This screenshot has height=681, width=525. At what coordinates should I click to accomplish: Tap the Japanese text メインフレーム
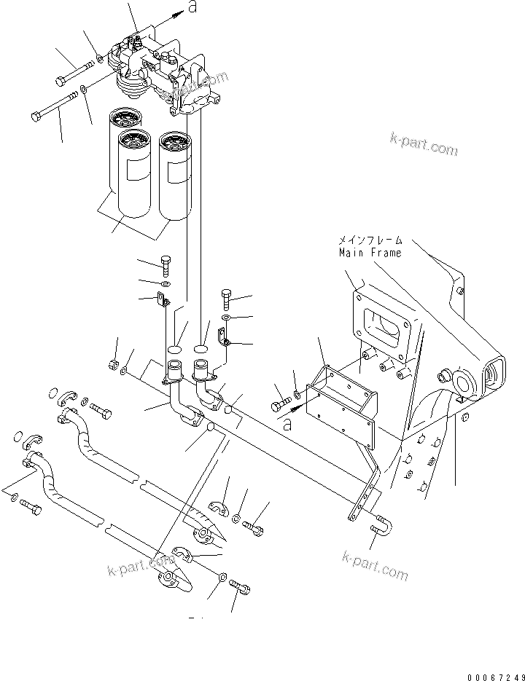tap(369, 240)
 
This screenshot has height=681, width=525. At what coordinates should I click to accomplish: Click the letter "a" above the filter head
tap(192, 7)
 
